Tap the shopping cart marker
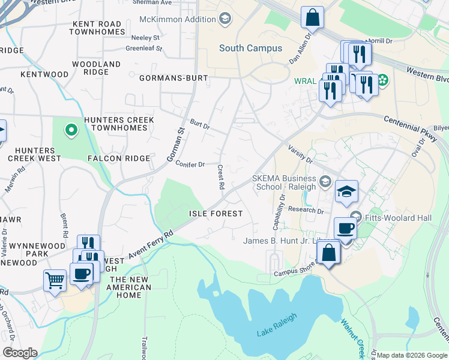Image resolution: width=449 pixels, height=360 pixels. (55, 280)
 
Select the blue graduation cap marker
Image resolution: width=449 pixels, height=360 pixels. (346, 191)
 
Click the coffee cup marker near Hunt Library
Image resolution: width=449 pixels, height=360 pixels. (345, 229)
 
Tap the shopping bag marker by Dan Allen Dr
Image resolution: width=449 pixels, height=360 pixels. (312, 18)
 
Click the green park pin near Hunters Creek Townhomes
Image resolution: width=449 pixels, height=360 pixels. (71, 129)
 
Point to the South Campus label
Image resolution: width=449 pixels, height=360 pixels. (250, 48)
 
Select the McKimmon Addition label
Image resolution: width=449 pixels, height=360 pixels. (178, 19)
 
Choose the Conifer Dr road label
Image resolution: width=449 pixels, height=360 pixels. (190, 164)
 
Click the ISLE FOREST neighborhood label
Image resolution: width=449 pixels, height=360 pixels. (216, 214)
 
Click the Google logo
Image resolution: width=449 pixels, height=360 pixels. (20, 353)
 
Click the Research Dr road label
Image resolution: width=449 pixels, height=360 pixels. (306, 211)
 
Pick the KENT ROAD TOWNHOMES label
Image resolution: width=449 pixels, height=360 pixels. (98, 28)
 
